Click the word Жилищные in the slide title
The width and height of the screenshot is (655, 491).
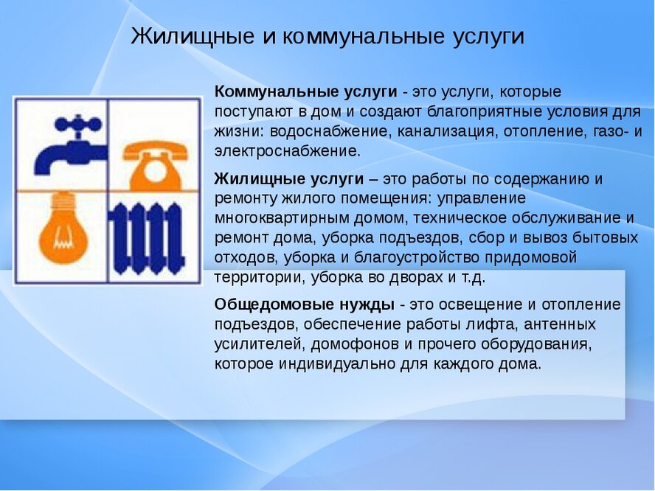[x=193, y=36]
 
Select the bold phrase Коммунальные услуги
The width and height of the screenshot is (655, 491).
[x=305, y=92]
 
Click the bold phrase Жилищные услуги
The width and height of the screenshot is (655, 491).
[x=288, y=179]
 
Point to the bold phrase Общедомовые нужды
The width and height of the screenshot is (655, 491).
[x=304, y=304]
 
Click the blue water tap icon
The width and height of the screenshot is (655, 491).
[x=69, y=144]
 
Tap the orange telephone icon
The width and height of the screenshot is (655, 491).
[x=155, y=166]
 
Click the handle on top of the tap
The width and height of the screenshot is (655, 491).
[x=77, y=124]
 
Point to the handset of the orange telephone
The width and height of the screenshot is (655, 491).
[x=155, y=150]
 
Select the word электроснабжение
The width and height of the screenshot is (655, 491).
[x=288, y=151]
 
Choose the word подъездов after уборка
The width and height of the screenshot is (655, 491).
[x=420, y=238]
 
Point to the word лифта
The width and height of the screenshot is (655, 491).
[x=491, y=324]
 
